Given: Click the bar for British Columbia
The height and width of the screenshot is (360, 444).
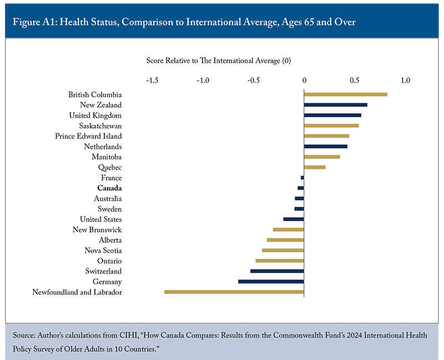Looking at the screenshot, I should (x=345, y=94).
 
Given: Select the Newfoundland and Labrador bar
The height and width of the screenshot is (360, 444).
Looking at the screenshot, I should (x=234, y=292).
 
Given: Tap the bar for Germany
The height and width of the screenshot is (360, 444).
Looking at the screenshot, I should (x=271, y=282).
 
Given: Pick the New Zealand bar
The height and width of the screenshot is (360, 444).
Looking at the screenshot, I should (x=335, y=105).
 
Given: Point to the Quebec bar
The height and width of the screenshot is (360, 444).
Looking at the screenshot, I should (x=315, y=167).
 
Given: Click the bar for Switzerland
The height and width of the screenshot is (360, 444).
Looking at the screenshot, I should (x=277, y=271).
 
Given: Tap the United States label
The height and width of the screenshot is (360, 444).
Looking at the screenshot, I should (x=101, y=219).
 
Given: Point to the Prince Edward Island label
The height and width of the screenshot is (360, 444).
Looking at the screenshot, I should (x=88, y=136).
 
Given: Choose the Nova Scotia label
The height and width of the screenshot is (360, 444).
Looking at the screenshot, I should (x=103, y=251).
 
